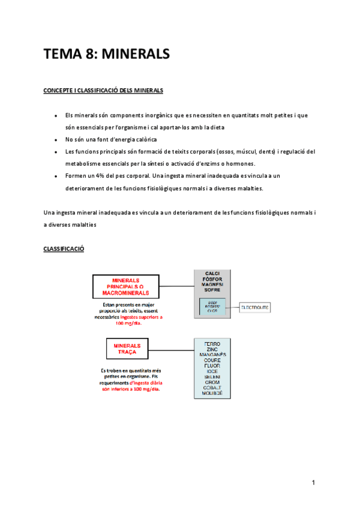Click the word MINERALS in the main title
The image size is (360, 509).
tap(136, 55)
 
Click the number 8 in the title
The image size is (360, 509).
tap(90, 55)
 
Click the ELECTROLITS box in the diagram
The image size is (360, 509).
tap(255, 307)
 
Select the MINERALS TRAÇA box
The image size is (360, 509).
tap(126, 349)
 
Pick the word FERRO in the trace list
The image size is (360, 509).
tap(212, 344)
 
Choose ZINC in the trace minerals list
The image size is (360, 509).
tap(212, 350)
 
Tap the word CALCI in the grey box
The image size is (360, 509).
tap(212, 274)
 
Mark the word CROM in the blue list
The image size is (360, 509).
tap(212, 382)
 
